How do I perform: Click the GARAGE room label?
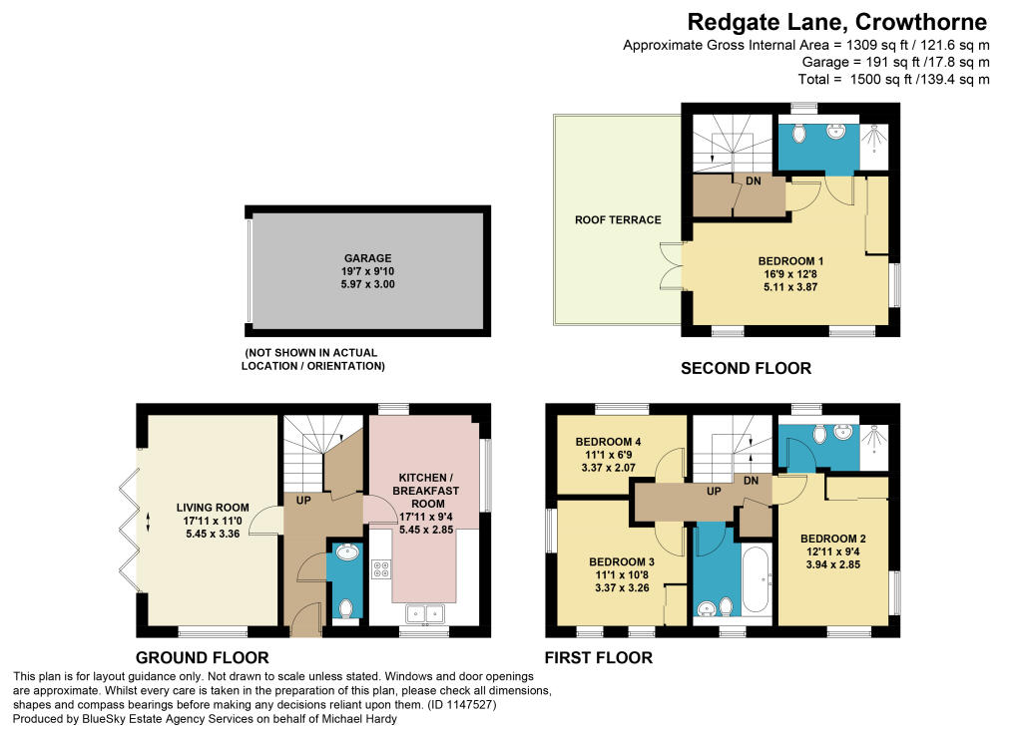click(367, 258)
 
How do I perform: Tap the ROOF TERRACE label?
click(618, 220)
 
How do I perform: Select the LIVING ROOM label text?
click(213, 508)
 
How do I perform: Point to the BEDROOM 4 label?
click(608, 442)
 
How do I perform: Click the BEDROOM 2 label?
click(833, 539)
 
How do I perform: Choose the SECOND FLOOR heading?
click(746, 368)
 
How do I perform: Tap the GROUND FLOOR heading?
click(202, 657)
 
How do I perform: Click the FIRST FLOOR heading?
click(599, 657)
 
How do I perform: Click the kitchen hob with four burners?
click(380, 569)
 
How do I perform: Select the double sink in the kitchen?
click(425, 613)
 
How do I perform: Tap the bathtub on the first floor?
click(757, 579)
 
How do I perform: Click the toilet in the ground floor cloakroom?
click(346, 608)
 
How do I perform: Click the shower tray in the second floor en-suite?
click(873, 148)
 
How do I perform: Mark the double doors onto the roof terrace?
click(672, 266)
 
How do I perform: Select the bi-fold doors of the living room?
click(130, 522)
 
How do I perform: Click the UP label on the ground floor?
click(303, 501)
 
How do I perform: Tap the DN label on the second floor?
click(753, 181)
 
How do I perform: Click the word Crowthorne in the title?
click(921, 22)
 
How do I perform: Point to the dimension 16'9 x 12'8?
click(790, 274)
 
